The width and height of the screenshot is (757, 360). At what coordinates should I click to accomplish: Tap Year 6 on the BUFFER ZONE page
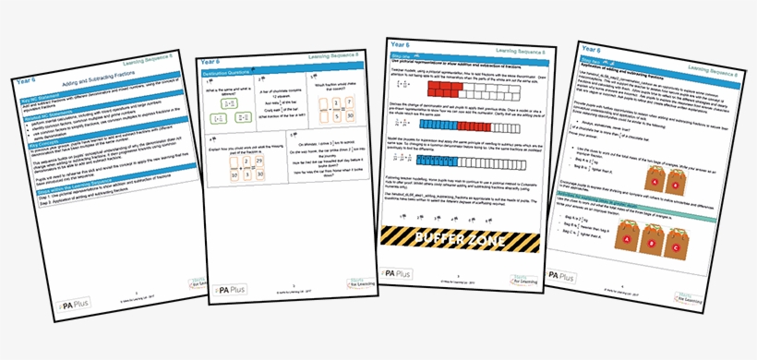point(400,44)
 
